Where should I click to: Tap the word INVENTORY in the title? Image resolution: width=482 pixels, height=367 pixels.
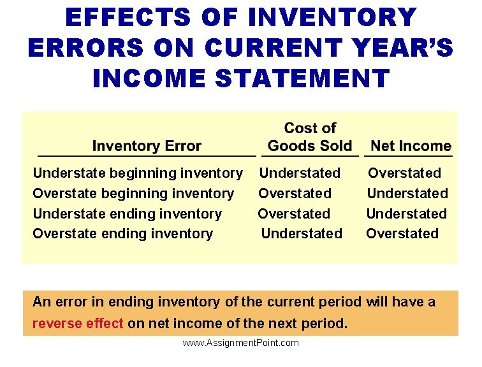[x=332, y=18]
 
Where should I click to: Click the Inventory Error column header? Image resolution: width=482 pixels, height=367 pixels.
[x=147, y=146]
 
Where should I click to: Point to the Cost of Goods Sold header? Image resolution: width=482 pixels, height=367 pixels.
[x=310, y=137]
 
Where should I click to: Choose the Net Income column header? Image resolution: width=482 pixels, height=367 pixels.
[x=411, y=146]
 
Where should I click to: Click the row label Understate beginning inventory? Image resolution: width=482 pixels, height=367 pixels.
[x=138, y=173]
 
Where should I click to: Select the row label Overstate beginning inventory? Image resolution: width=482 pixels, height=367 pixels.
[x=133, y=194]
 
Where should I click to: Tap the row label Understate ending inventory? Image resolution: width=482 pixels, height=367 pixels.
[x=128, y=214]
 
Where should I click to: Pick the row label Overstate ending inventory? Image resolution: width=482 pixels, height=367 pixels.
[x=123, y=234]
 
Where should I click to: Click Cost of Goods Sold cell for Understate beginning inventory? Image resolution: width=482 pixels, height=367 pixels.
[x=300, y=173]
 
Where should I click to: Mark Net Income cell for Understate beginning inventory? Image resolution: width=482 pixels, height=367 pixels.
[x=405, y=173]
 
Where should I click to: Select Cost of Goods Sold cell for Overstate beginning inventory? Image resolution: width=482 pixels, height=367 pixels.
[x=295, y=194]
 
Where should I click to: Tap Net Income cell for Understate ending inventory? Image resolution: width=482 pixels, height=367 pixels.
[x=407, y=214]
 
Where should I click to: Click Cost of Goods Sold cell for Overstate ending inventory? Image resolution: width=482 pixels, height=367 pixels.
[x=302, y=234]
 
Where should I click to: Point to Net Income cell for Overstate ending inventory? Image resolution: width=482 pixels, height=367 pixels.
[x=402, y=234]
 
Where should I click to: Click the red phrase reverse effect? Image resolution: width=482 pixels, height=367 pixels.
[x=78, y=324]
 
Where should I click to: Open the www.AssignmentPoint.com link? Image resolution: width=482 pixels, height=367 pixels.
[x=240, y=343]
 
